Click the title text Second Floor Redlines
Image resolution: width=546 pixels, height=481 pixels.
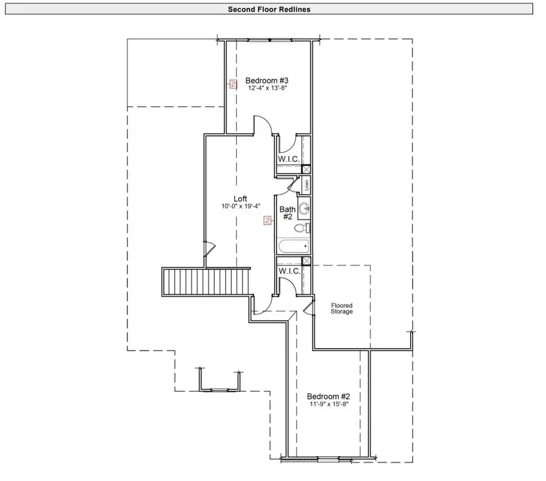click(269, 9)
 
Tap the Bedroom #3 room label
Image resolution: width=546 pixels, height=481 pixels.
click(266, 80)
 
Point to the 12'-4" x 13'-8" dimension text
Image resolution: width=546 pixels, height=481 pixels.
click(266, 89)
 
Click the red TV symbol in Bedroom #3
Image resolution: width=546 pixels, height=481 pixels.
click(232, 84)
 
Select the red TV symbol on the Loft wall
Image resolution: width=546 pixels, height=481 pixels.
click(266, 220)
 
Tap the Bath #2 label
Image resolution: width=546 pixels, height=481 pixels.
click(287, 214)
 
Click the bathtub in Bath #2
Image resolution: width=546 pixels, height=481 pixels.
click(294, 247)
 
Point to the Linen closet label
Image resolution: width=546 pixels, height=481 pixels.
click(307, 185)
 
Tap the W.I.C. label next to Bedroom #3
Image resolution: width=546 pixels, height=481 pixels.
click(289, 159)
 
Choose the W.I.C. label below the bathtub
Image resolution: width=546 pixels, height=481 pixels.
click(289, 271)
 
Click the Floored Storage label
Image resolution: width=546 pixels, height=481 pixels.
click(342, 308)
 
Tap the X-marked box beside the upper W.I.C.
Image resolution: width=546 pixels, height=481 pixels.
click(306, 170)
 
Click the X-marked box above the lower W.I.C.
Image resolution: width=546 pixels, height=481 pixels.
click(306, 261)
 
